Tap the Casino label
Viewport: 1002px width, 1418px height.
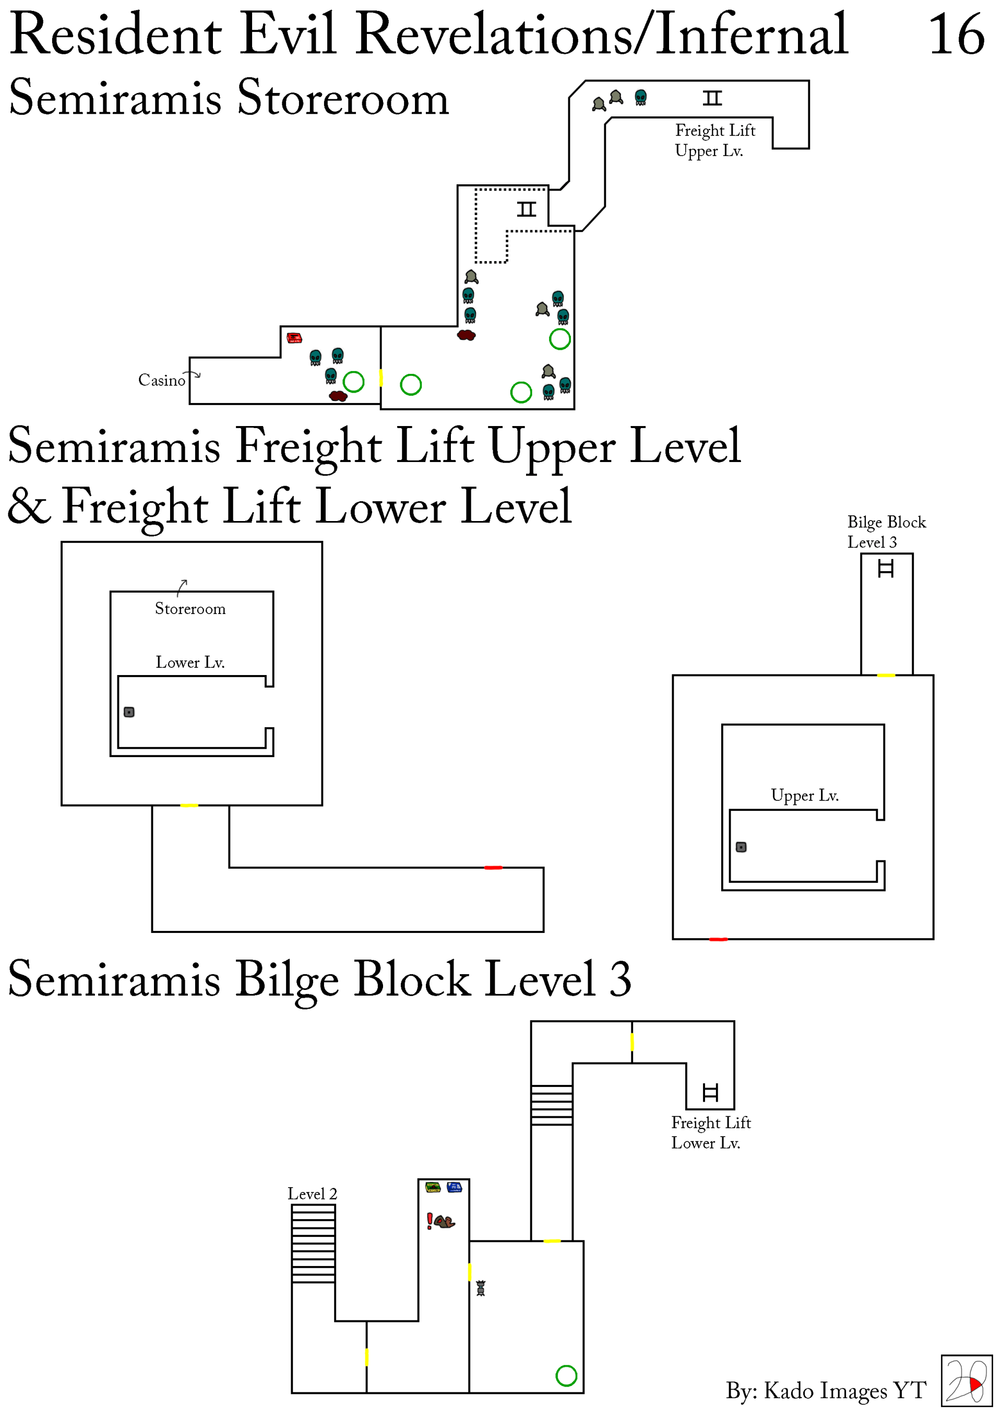pos(162,381)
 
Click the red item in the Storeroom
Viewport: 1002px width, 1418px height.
pos(294,338)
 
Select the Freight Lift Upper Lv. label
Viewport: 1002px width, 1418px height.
pos(714,140)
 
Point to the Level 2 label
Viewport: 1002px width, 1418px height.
pos(313,1194)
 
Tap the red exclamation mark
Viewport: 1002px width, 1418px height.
pos(430,1221)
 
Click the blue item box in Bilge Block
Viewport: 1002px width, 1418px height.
pos(455,1187)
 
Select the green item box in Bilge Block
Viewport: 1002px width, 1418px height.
pos(433,1187)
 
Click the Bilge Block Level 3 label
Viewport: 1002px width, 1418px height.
pos(886,531)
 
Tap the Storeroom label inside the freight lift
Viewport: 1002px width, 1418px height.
pos(190,609)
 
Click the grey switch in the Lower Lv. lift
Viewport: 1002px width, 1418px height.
pos(129,712)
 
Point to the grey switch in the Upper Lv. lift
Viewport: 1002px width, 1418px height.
pos(741,847)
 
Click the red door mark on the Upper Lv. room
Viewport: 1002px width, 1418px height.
pos(718,939)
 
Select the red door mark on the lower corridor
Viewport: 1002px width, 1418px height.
pos(493,867)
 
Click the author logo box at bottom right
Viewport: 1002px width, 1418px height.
pos(966,1380)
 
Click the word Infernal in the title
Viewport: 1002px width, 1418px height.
pos(751,34)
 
